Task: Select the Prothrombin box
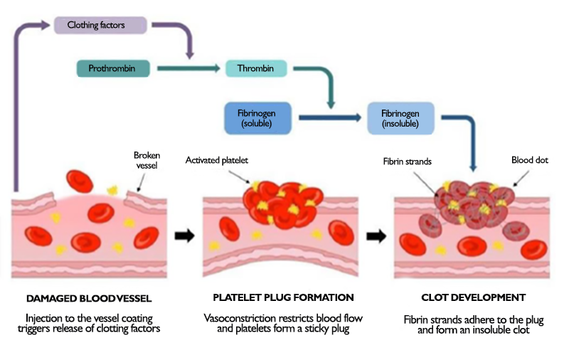point(115,69)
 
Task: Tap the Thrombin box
point(256,69)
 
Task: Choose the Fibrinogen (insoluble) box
point(400,118)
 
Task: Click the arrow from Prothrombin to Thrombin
point(188,69)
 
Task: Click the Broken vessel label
point(147,160)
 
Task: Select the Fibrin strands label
point(408,162)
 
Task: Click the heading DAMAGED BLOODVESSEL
point(87,297)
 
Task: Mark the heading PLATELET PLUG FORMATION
point(283,297)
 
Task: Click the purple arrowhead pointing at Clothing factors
point(47,26)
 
